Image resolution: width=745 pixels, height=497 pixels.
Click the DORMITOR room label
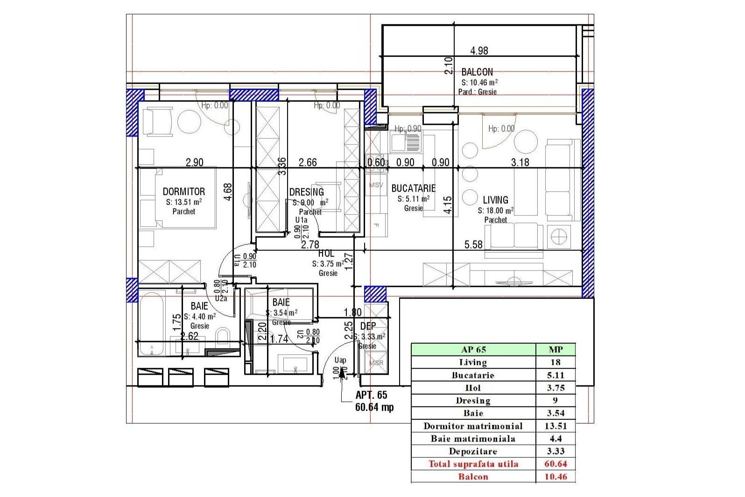coord(183,192)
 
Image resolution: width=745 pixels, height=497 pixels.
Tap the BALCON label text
coord(477,72)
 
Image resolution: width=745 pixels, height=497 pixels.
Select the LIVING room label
coord(495,200)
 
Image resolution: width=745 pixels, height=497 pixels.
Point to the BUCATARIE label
coord(413,189)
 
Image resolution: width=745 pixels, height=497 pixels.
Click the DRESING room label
coord(307,192)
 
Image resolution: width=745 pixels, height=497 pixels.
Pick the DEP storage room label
coord(368,326)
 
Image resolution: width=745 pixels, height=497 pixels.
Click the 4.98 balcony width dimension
coord(479,51)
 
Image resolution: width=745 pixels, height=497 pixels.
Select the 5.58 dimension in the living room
coord(473,245)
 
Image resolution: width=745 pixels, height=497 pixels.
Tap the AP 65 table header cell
coord(473,349)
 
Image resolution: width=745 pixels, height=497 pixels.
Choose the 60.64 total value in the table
coord(555,464)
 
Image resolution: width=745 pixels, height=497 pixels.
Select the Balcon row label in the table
coord(473,477)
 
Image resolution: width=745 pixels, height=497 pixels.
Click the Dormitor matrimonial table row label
coord(473,426)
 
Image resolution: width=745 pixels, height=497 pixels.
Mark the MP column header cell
coord(555,349)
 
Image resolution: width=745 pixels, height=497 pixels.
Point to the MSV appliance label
coord(376,185)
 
